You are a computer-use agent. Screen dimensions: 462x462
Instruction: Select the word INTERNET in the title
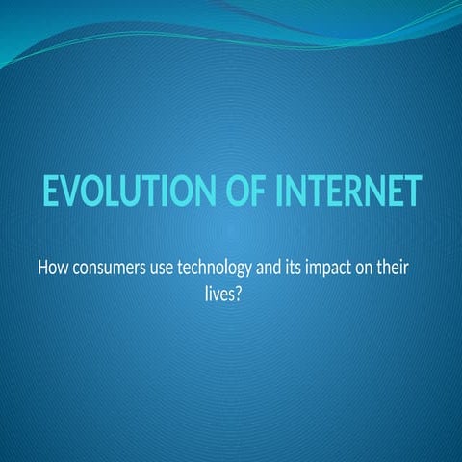click(347, 192)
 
